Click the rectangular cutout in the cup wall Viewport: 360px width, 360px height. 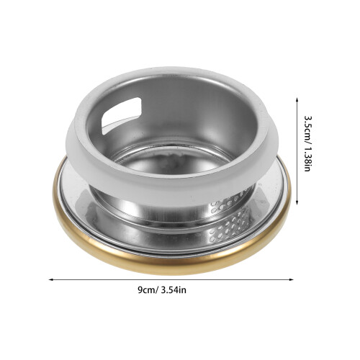point(121,115)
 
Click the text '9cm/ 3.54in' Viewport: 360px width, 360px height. point(162,290)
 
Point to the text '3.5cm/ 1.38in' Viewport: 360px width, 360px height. point(307,144)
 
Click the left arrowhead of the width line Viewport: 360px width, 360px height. point(51,279)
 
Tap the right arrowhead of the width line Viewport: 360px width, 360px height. point(292,279)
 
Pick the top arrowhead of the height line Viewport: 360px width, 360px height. point(297,99)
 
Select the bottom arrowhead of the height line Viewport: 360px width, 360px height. point(297,202)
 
